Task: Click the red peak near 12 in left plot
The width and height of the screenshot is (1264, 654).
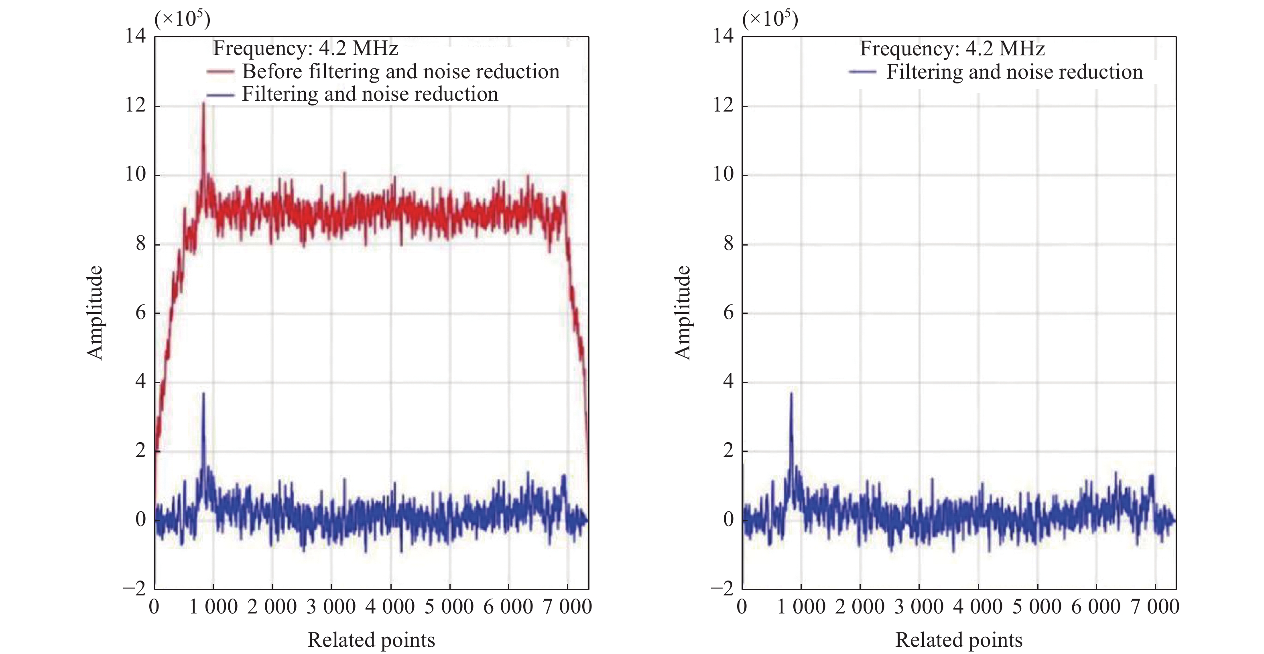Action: click(x=203, y=103)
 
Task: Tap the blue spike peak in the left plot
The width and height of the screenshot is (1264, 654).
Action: click(x=203, y=394)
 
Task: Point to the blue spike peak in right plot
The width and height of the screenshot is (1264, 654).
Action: click(x=791, y=394)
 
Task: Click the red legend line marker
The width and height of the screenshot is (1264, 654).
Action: click(x=220, y=72)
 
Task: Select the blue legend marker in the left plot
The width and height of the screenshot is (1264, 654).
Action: click(x=220, y=95)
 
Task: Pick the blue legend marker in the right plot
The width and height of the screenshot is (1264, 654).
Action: click(x=862, y=72)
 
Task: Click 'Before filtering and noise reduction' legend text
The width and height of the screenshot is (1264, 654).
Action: click(x=400, y=72)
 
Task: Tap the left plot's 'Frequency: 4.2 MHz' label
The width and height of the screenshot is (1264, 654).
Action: click(x=305, y=48)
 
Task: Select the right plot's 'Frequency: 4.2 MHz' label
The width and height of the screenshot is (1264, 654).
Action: click(x=952, y=49)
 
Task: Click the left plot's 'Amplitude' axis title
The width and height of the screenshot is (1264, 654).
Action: click(x=95, y=313)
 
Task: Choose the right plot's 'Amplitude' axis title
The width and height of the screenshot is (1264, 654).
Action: click(x=683, y=313)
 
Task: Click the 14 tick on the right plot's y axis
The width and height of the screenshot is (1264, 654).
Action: click(x=723, y=36)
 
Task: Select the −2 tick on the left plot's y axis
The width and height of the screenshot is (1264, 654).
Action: click(x=134, y=588)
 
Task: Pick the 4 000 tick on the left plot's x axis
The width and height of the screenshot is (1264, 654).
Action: click(x=390, y=607)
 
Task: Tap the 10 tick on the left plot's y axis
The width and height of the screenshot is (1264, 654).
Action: click(x=136, y=174)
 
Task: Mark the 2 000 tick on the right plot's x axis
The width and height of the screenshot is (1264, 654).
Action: click(x=859, y=607)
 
